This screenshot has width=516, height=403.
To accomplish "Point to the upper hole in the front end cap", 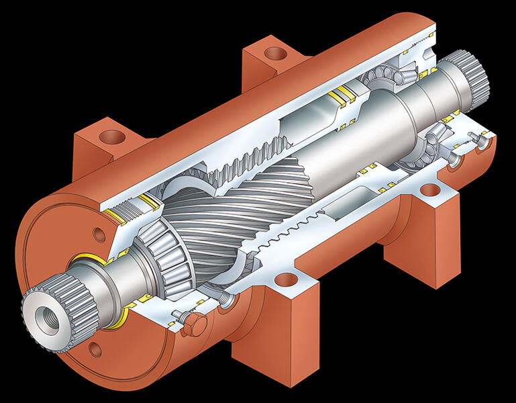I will (x=100, y=235).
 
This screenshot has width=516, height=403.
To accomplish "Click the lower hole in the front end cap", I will (x=95, y=349).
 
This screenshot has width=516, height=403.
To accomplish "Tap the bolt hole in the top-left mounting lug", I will (x=107, y=138).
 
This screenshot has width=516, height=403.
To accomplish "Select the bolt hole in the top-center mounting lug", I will (x=273, y=52).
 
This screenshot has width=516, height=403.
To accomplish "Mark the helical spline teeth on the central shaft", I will (x=228, y=208).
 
